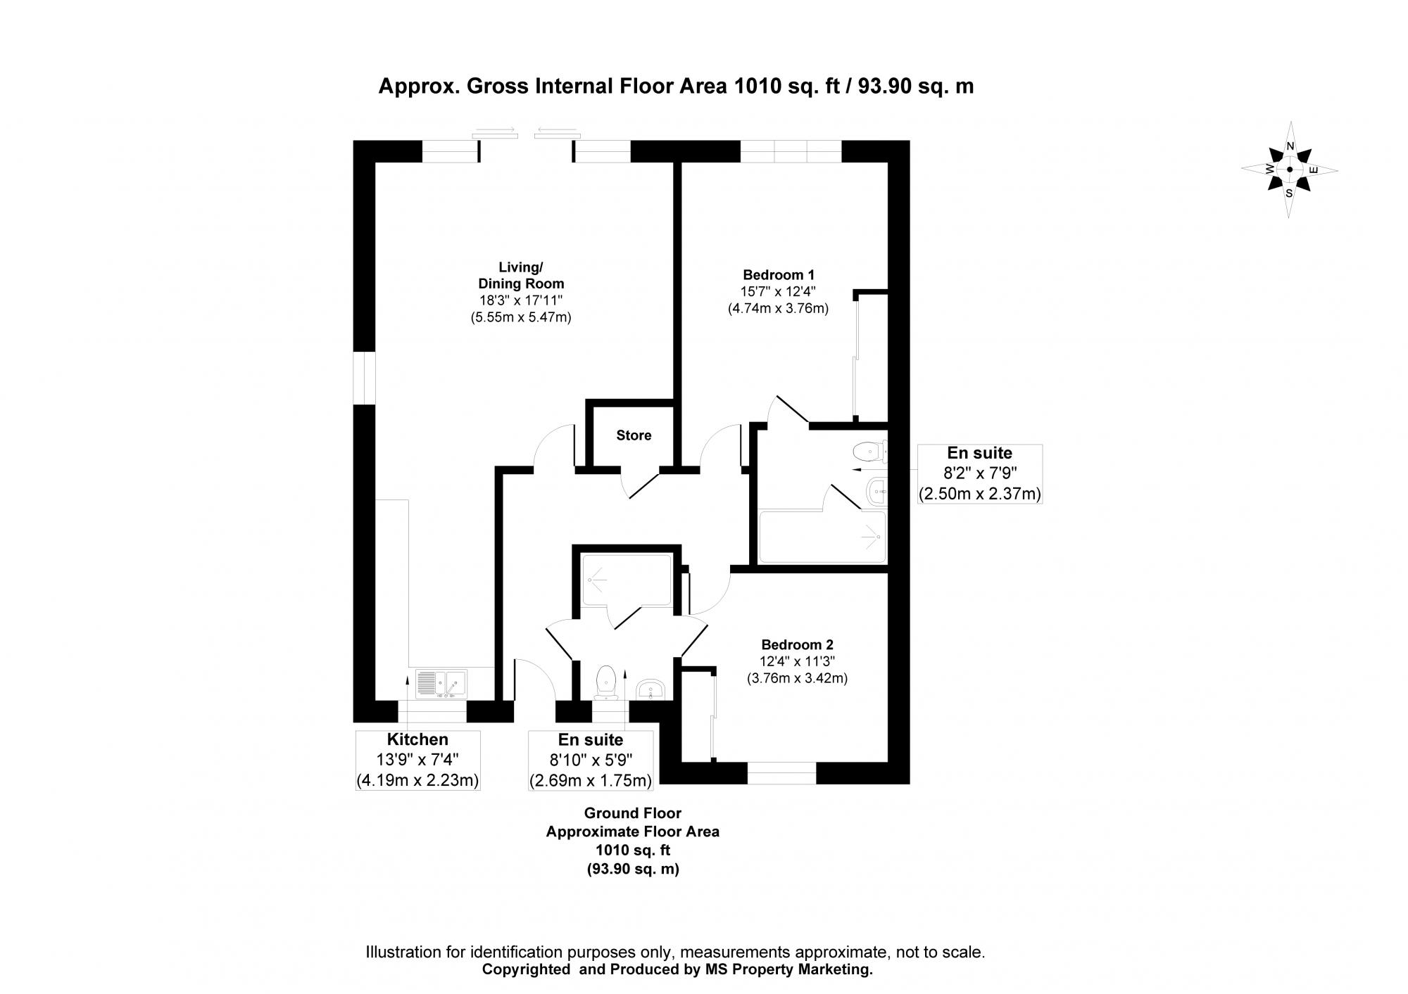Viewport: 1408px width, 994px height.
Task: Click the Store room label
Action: (x=634, y=435)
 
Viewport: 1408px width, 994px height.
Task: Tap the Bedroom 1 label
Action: (x=778, y=274)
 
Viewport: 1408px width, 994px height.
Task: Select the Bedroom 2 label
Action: (x=797, y=644)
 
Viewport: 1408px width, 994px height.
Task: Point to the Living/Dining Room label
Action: (x=521, y=276)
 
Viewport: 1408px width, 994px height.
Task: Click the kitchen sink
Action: (x=441, y=683)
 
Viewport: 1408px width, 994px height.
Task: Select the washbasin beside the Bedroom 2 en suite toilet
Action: (x=650, y=689)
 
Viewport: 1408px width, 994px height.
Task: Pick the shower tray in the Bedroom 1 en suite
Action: (x=822, y=537)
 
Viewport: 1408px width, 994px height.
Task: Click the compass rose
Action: (x=1289, y=170)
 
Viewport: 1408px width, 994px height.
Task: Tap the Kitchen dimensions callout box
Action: (x=417, y=760)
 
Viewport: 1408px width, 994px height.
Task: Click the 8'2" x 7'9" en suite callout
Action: (x=979, y=473)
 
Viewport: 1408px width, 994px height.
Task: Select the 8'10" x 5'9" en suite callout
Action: (x=591, y=760)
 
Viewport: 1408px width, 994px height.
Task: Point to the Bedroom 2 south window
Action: (x=781, y=773)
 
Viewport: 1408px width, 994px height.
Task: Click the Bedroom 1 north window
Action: (x=791, y=151)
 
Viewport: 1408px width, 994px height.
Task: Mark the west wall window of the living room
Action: (x=364, y=378)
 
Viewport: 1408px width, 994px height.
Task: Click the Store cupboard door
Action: (x=641, y=484)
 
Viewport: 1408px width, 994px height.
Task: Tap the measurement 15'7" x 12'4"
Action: (x=778, y=291)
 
